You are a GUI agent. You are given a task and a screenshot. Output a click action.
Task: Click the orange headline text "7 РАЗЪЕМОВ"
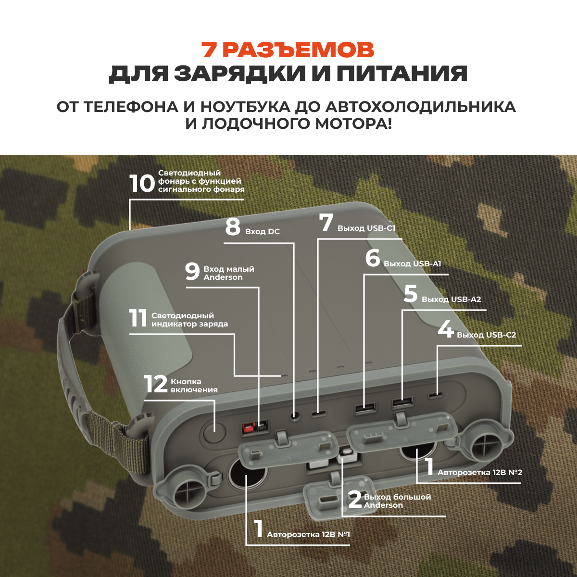(288, 50)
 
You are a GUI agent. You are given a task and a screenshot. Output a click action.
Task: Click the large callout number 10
(142, 183)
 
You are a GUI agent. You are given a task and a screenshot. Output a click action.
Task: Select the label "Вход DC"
(262, 232)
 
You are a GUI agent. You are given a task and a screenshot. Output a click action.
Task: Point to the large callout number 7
(326, 223)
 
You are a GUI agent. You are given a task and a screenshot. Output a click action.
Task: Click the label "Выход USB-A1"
(412, 264)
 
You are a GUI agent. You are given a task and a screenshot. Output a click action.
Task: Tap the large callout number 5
(410, 294)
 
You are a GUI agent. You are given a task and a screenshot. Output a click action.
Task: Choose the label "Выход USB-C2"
(486, 335)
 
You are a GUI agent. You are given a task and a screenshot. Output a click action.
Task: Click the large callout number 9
(192, 272)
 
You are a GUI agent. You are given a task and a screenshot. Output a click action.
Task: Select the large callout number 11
(138, 318)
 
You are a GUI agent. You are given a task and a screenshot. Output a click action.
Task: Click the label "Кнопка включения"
(194, 386)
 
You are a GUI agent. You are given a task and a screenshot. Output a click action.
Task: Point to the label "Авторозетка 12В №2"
(479, 473)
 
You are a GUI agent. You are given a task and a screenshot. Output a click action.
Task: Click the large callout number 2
(355, 500)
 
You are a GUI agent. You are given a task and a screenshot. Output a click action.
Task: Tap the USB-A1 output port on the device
(364, 409)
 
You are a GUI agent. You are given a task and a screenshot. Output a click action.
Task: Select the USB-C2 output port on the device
(436, 396)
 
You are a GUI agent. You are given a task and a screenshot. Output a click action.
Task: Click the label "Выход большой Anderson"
(397, 501)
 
